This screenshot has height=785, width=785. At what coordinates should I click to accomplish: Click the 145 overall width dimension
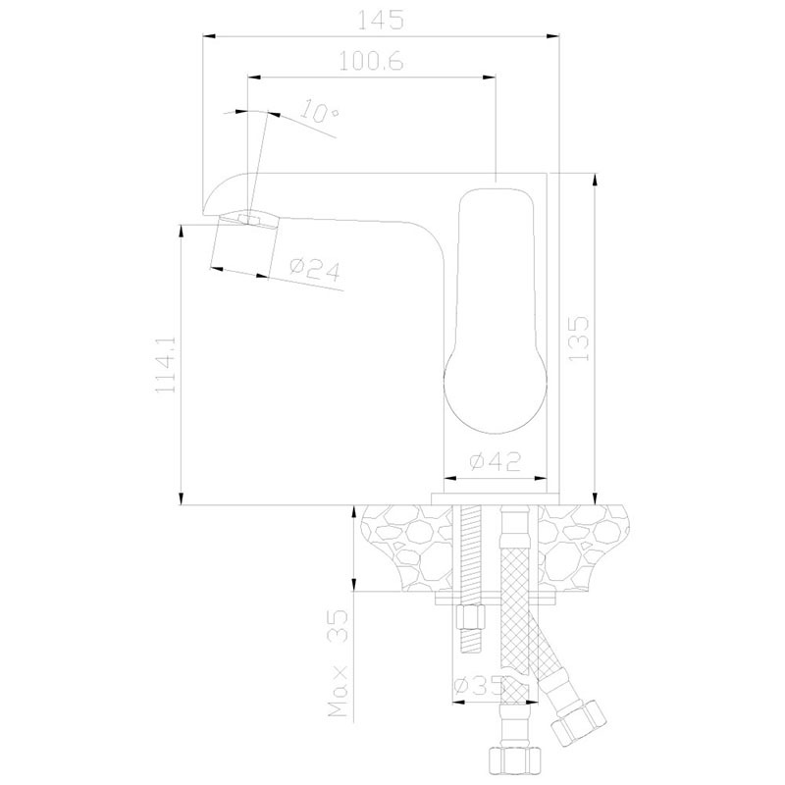(x=381, y=21)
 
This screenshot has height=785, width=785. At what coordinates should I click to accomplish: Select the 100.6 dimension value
(x=371, y=62)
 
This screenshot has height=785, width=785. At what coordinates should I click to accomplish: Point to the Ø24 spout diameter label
(x=314, y=270)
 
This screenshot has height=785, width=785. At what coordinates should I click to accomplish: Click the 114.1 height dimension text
(x=166, y=364)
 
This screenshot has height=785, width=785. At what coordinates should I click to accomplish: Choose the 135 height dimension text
(x=579, y=338)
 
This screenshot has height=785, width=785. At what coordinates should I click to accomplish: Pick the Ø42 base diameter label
(x=496, y=461)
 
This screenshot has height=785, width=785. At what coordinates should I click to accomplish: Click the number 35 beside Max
(x=338, y=626)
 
